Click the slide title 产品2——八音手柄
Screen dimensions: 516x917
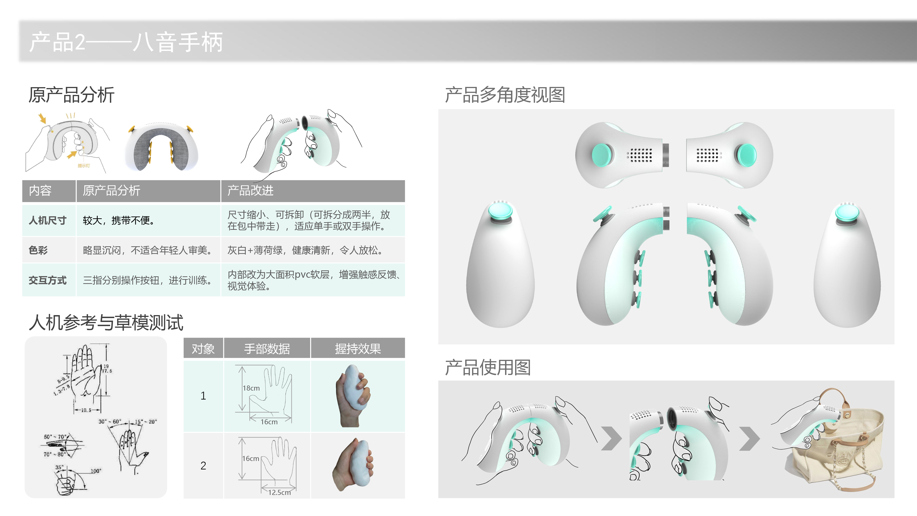[126, 42]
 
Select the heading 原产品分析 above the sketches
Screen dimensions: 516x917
[71, 95]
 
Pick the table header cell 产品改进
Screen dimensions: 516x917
[250, 191]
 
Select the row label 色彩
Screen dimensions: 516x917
[38, 250]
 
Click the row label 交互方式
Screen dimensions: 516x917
[47, 281]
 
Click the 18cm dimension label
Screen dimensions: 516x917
[251, 388]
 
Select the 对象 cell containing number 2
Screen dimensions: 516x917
[203, 466]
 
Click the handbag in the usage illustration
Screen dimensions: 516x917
[840, 452]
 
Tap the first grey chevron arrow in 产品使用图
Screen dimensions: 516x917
[611, 439]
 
